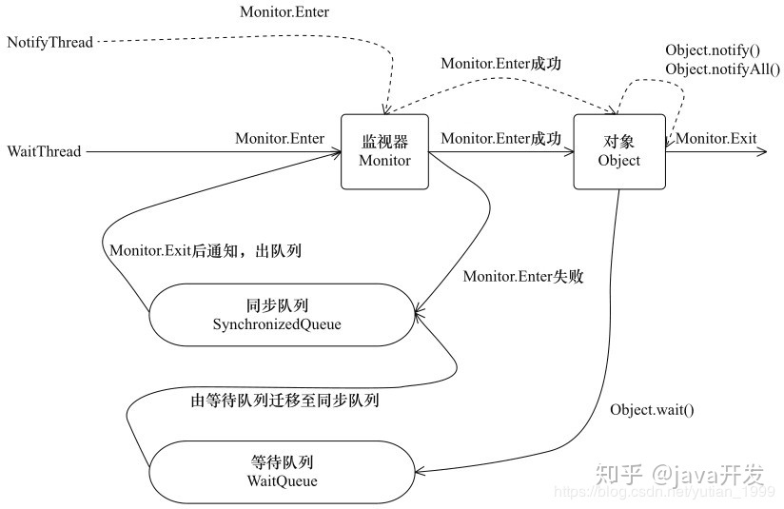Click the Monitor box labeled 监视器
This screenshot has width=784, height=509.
[x=384, y=151]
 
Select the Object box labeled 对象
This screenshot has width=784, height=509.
[x=619, y=151]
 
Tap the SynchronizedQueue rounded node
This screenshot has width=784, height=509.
[x=282, y=315]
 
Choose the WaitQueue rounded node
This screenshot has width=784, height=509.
[x=282, y=472]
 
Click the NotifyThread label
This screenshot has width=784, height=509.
[x=50, y=42]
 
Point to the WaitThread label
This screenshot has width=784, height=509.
[x=44, y=151]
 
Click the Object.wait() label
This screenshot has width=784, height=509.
[x=652, y=410]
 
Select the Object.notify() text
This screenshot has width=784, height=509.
[x=713, y=50]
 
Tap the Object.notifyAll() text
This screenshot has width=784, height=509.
[x=722, y=69]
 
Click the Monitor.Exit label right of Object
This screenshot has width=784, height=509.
[x=716, y=138]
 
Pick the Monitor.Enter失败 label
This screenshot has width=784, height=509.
[x=523, y=277]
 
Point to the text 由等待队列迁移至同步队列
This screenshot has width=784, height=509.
[x=284, y=401]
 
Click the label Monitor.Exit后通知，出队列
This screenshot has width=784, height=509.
[x=206, y=250]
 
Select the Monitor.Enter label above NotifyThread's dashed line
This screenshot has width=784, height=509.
[x=284, y=11]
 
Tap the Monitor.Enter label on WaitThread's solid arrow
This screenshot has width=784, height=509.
[x=280, y=138]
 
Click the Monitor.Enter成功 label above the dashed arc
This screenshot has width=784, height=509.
[x=501, y=64]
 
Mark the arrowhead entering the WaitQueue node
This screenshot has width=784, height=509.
[x=420, y=471]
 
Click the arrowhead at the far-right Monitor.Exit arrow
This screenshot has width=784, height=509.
[x=762, y=151]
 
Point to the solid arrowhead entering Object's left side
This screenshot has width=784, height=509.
[x=569, y=151]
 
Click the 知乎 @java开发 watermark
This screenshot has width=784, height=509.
[x=679, y=474]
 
